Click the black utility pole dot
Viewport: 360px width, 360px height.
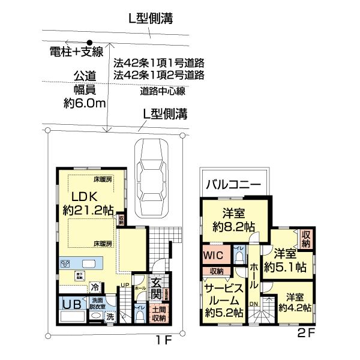coord(90,43)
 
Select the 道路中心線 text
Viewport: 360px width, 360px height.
coord(163,91)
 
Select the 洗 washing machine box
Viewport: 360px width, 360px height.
coord(110,316)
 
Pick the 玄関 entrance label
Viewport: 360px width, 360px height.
coord(155,289)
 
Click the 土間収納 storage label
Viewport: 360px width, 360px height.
coord(159,314)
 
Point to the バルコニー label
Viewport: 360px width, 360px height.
coord(233,184)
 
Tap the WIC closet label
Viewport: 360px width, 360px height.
coord(213,255)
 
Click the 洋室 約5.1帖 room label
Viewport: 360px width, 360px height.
coord(286,260)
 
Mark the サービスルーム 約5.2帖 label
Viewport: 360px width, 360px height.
coord(224,299)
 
